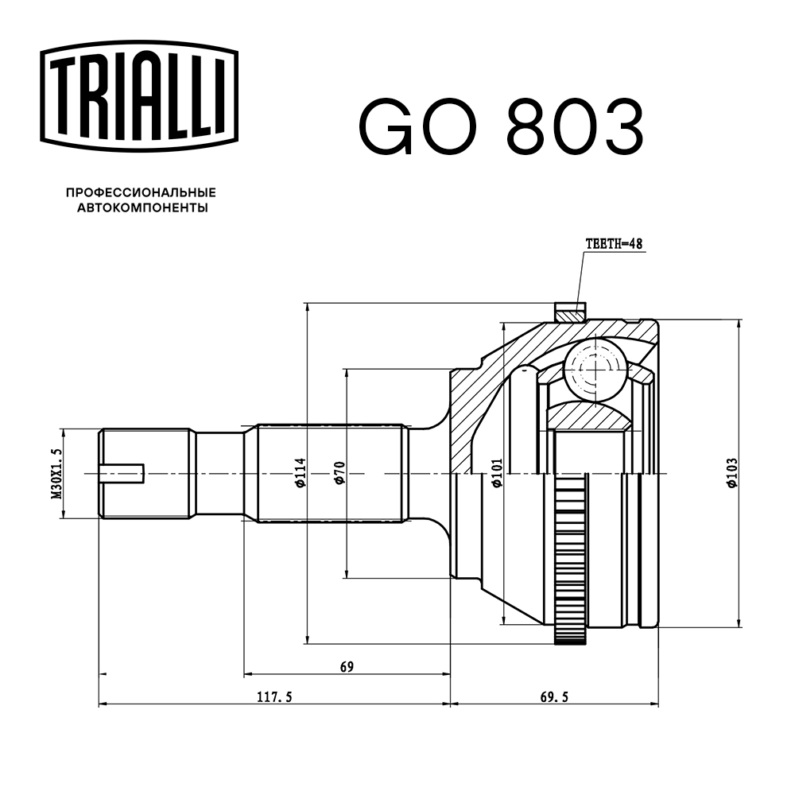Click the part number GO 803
(x=501, y=127)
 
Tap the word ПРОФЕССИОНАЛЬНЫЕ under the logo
(x=141, y=192)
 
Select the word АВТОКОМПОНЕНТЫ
(x=142, y=208)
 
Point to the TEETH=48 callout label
(x=613, y=245)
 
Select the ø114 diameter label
(x=300, y=474)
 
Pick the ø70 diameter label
(x=339, y=474)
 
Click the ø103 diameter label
(x=732, y=474)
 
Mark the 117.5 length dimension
(x=275, y=697)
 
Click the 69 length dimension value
(x=346, y=666)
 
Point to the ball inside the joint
(x=593, y=369)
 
